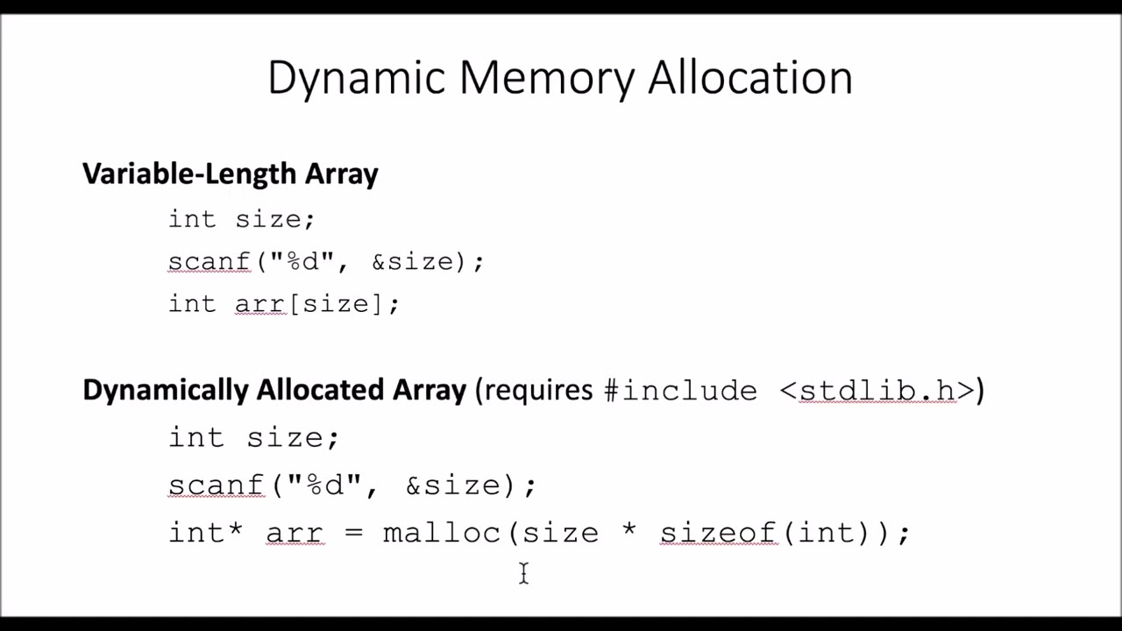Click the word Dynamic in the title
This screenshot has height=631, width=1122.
pos(357,79)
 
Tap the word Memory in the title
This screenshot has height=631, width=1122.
pos(546,79)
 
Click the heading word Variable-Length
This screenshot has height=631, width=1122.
pos(190,174)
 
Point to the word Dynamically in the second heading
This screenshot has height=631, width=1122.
pos(166,391)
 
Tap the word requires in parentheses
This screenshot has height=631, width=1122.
pos(538,391)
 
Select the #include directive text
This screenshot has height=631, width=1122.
pos(681,390)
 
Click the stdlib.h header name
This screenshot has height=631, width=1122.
pos(877,390)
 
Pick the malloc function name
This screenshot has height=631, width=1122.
pos(442,532)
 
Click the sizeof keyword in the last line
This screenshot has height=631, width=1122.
pos(719,532)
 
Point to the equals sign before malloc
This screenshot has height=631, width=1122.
pos(353,532)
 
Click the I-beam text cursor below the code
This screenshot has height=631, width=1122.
pos(523,573)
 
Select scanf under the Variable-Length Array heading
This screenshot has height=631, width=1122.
pos(209,261)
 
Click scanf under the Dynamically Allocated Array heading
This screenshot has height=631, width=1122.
pos(217,485)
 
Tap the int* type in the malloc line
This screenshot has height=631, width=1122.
pos(205,532)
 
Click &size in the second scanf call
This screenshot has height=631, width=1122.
pos(453,486)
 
